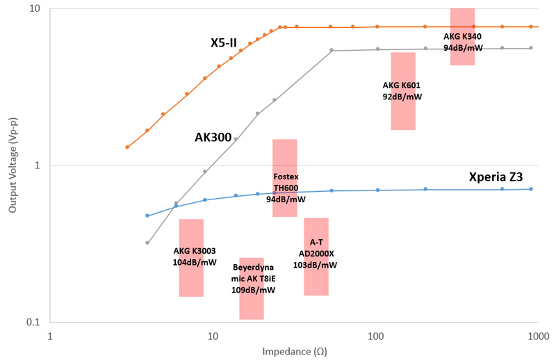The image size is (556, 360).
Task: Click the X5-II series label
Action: coord(224,43)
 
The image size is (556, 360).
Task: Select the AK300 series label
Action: coord(213,138)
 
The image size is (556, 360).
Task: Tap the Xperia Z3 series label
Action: coord(496,177)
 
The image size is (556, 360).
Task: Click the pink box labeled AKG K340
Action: coord(462,36)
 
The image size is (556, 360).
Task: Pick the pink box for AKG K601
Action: coord(403,91)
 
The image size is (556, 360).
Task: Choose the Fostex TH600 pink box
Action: coord(285,178)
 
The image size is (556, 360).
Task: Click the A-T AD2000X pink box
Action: coord(316,256)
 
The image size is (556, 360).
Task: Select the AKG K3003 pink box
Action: coord(191,257)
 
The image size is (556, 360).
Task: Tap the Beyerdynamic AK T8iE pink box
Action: coord(252,288)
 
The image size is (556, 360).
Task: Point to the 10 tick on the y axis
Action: coord(35,9)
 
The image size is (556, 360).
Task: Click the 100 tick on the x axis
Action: coord(376,335)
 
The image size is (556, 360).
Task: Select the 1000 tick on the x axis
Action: coord(539,335)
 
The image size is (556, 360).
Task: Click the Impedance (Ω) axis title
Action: coord(295,351)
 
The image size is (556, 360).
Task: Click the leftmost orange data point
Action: coord(127,147)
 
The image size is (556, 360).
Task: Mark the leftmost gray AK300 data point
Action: coord(147,243)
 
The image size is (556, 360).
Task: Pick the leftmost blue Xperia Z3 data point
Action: coord(147,215)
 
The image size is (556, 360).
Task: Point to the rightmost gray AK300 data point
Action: coord(531,48)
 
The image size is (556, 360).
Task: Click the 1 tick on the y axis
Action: coord(38,165)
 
